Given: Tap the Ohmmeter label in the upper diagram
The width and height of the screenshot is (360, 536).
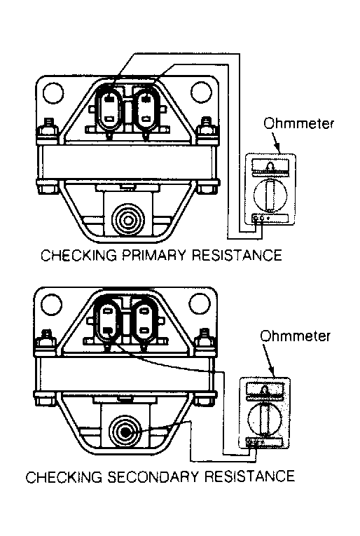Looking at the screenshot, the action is point(298,123).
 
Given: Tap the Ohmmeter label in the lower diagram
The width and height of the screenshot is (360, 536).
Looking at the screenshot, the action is point(295,336).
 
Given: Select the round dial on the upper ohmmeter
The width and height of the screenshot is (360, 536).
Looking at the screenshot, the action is point(270,195).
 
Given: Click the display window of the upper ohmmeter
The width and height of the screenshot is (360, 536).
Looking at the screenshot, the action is point(270,167).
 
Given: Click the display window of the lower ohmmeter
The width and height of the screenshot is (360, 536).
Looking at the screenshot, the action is point(265,391).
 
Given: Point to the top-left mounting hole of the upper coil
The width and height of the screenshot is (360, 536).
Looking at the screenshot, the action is point(53,92).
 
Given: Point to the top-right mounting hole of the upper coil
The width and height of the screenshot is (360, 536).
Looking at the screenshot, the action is point(202,92).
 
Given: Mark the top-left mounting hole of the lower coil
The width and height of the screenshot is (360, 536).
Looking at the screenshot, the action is point(52,304).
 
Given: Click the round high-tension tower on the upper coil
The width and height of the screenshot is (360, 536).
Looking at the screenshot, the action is point(127,221).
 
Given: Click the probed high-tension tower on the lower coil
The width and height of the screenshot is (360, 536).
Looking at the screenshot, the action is point(125,432).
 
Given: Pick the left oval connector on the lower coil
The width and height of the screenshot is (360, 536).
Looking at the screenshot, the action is point(106,321).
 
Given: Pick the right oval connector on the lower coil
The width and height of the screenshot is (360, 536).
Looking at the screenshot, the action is point(144,321).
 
